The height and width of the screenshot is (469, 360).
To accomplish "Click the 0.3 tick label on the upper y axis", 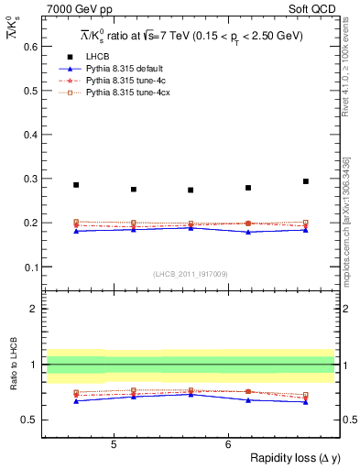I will tap(27, 179).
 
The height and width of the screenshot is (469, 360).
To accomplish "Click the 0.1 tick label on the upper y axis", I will tap(27, 267).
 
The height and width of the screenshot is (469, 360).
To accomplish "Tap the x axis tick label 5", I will tap(113, 444).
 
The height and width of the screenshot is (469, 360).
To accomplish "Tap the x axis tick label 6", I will tap(228, 444).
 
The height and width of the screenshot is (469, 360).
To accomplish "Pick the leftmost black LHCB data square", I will tap(76, 185).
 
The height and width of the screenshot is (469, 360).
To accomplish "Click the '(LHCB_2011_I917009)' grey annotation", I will tap(190, 274).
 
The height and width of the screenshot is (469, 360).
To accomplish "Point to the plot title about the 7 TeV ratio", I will tap(191, 36).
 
